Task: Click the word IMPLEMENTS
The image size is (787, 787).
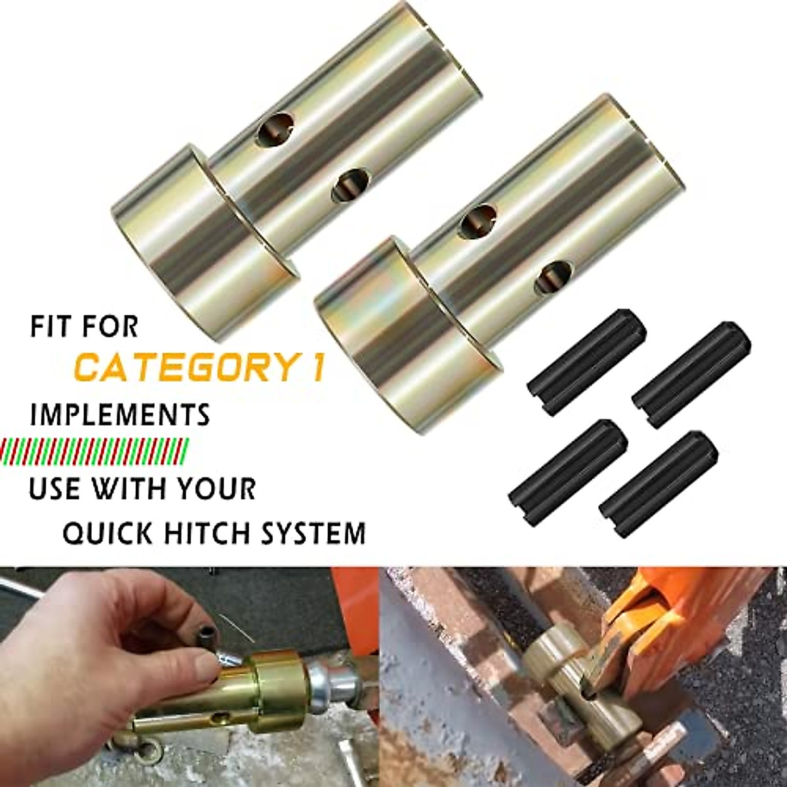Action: point(121,416)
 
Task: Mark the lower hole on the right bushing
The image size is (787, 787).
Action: point(552,276)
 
